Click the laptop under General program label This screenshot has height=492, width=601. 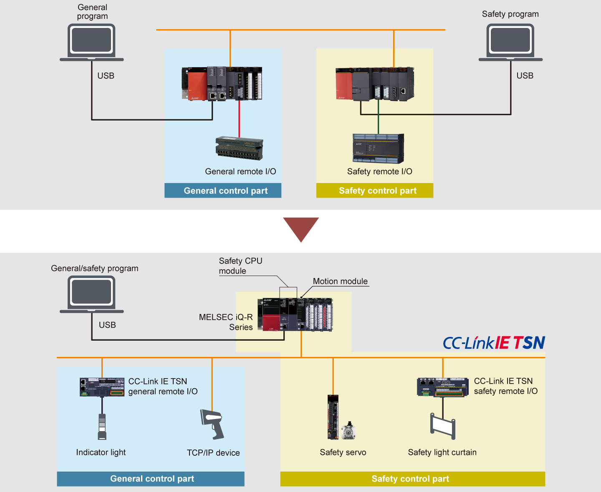click(91, 42)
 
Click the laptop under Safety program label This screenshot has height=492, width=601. click(510, 42)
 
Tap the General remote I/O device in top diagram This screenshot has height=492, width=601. click(239, 148)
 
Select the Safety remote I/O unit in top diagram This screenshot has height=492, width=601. click(378, 148)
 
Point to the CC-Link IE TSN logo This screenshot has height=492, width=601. click(494, 343)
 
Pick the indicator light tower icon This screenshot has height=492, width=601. click(102, 427)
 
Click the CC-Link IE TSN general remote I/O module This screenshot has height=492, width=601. click(102, 387)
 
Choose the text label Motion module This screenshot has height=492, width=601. click(340, 281)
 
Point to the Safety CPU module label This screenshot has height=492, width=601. click(240, 266)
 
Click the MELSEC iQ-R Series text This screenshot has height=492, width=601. click(226, 322)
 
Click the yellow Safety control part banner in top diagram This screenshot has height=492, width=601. click(374, 191)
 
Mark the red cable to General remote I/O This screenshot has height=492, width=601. click(239, 119)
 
